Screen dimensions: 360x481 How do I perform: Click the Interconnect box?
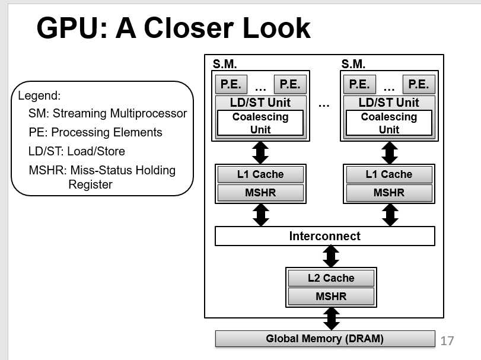click(324, 236)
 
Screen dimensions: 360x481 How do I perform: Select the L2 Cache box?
click(330, 278)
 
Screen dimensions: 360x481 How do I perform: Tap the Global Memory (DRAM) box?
click(324, 339)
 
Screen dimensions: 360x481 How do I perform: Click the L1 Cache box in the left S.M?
click(260, 174)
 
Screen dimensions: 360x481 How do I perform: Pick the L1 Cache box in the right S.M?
click(389, 174)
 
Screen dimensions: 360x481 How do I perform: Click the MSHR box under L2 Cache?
click(330, 296)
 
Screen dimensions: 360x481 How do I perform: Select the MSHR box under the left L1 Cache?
click(260, 193)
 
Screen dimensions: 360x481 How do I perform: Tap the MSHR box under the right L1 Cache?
click(389, 193)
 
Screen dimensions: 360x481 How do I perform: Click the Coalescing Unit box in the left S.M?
click(260, 123)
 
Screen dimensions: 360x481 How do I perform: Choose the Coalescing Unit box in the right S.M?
click(389, 123)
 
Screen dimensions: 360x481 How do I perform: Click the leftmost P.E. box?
click(231, 84)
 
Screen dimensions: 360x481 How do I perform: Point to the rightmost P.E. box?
click(419, 84)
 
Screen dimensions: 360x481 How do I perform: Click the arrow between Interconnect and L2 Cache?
click(331, 256)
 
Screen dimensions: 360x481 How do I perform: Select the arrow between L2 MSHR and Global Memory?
click(331, 318)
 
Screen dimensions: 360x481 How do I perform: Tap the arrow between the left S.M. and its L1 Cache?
click(260, 152)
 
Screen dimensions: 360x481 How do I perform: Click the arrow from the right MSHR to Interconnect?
click(390, 215)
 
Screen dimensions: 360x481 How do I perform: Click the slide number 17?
click(447, 340)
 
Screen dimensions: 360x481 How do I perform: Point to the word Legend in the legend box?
click(39, 95)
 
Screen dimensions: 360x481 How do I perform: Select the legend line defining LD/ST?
click(77, 151)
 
